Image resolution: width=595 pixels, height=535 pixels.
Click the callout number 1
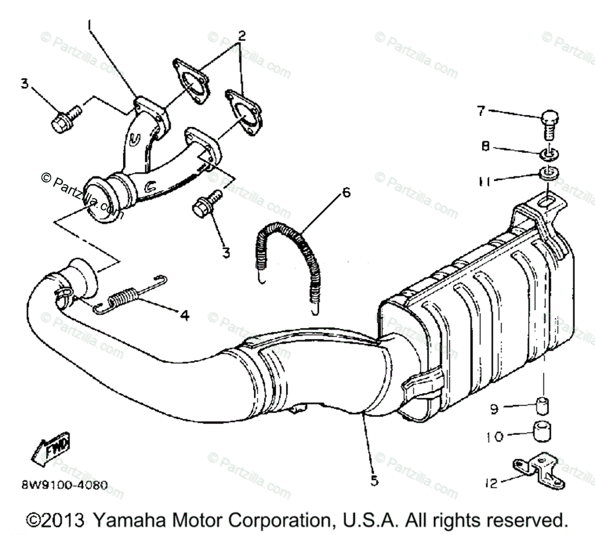click(x=90, y=23)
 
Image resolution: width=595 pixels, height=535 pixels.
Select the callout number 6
click(x=346, y=192)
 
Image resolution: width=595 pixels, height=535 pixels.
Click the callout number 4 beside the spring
click(x=184, y=315)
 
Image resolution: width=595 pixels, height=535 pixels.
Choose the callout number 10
click(x=494, y=436)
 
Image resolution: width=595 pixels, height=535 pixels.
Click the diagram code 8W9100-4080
click(x=64, y=485)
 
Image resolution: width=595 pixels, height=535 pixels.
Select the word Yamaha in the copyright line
click(x=126, y=521)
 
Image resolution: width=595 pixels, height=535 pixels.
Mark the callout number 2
click(x=241, y=36)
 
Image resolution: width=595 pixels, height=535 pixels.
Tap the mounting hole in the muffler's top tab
click(x=546, y=202)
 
